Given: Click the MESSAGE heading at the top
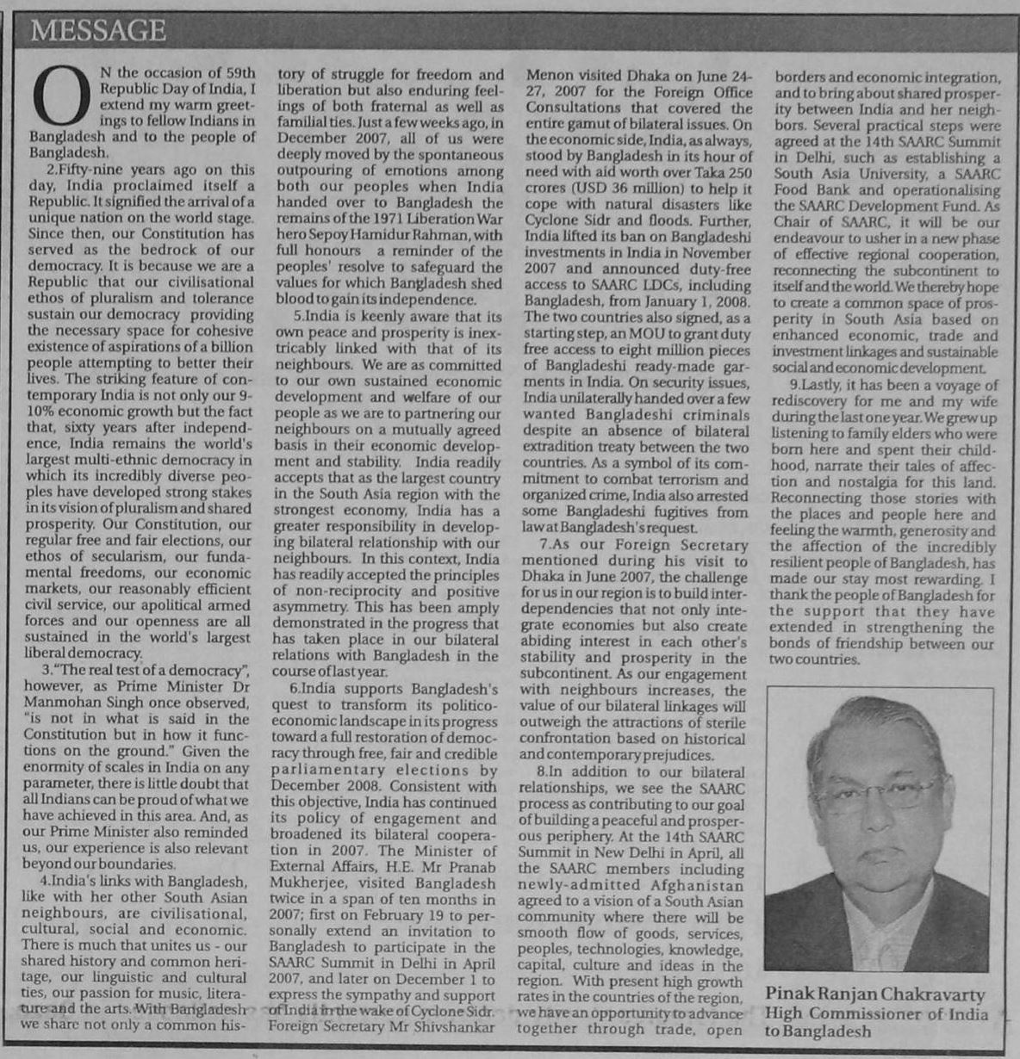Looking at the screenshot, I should (x=97, y=31).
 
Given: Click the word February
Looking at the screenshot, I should (x=409, y=915).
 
